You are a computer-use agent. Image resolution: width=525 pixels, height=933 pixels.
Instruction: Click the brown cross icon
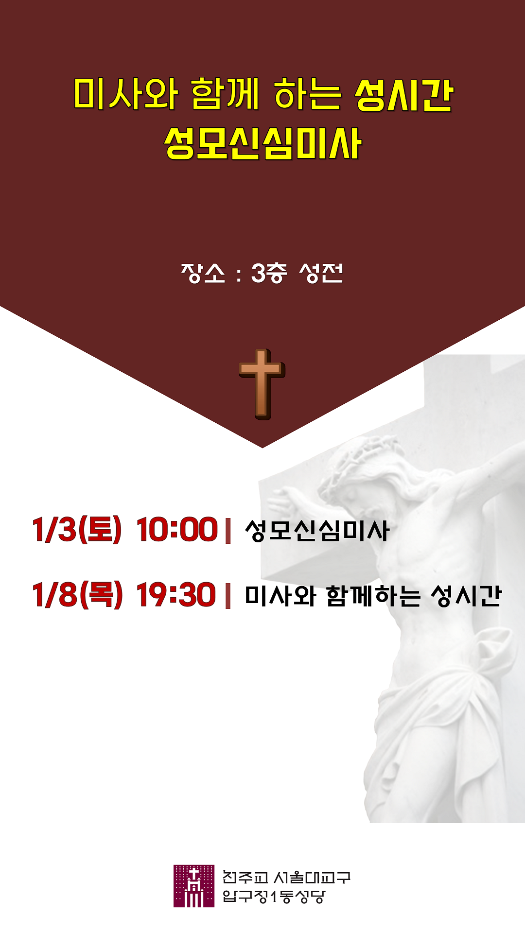point(262,384)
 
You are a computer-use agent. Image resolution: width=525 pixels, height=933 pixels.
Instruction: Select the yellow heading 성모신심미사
point(262,143)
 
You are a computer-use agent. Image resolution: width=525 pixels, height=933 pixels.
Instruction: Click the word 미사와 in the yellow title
point(125,93)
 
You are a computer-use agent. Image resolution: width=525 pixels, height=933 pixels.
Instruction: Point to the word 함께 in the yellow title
point(225,93)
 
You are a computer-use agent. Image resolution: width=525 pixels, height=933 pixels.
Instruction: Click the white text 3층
point(269,273)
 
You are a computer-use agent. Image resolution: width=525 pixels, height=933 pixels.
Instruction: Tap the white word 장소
point(203,273)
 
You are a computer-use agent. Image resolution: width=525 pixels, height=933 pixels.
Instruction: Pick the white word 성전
point(321,273)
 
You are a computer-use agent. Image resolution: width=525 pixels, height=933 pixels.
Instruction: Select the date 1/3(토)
point(77,529)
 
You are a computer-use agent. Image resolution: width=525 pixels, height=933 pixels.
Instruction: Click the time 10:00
point(177,529)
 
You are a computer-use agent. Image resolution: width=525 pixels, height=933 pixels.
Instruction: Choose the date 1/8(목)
point(77,595)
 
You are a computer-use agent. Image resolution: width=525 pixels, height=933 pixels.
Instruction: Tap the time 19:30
point(176,595)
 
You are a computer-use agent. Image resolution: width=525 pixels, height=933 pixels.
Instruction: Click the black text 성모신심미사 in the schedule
point(317,530)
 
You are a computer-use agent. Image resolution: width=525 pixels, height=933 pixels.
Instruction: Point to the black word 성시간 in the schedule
point(466,596)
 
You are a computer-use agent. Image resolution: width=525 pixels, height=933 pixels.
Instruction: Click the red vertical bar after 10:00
point(228,531)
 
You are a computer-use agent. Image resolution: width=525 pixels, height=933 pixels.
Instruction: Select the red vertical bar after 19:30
point(228,596)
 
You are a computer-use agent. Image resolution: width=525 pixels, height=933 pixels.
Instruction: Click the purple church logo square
point(194,886)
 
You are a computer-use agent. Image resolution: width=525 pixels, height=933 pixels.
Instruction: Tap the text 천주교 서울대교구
point(286,877)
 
